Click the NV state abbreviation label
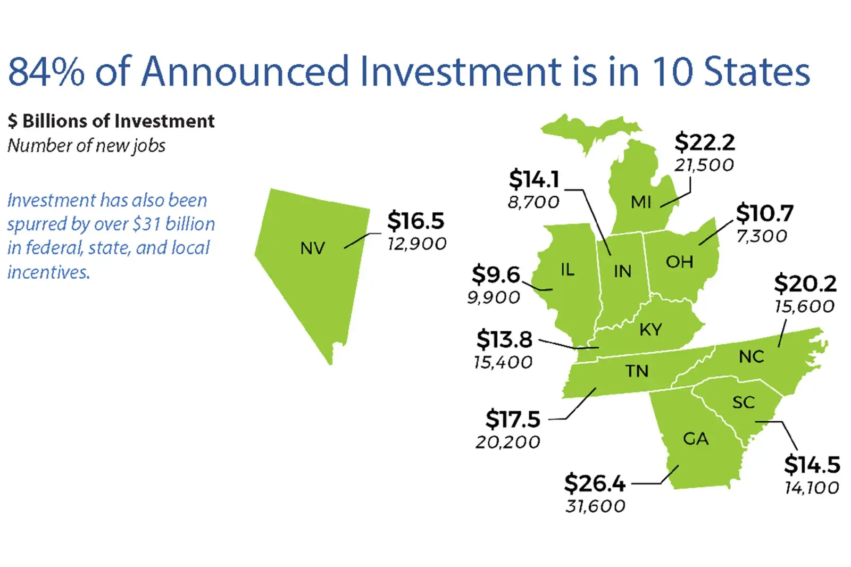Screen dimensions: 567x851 [x=312, y=248]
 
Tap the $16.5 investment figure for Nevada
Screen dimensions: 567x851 [x=415, y=221]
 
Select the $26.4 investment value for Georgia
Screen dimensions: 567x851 [x=595, y=483]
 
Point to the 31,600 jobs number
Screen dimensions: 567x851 [x=595, y=506]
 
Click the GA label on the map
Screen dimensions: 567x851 [x=696, y=439]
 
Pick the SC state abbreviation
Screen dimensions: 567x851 [x=744, y=403]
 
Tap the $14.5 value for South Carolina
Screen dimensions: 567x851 [x=812, y=465]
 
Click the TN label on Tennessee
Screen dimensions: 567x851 [x=637, y=371]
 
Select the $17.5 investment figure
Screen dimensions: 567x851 [x=513, y=420]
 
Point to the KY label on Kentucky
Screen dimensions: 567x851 [x=650, y=330]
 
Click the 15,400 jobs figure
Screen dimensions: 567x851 [x=503, y=363]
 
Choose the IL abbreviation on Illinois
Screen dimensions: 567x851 [x=568, y=270]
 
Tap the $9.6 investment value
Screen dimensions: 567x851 [x=495, y=275]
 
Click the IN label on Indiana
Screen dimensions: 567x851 [x=622, y=272]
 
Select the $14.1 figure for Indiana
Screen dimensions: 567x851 [x=534, y=179]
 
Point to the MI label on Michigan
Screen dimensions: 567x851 [x=641, y=202]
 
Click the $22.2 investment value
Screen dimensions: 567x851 [x=705, y=143]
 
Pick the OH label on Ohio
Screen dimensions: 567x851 [x=679, y=262]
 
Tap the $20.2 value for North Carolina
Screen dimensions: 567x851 [x=805, y=283]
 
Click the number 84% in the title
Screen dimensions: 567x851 [x=46, y=71]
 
